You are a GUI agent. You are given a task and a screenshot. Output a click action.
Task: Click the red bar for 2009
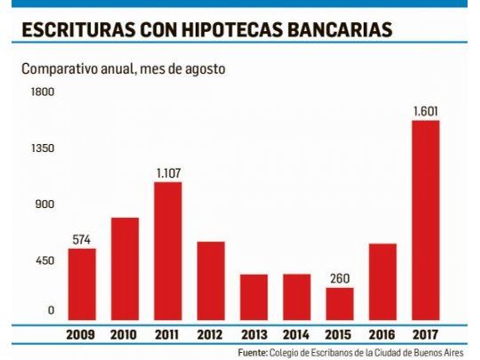click(x=82, y=284)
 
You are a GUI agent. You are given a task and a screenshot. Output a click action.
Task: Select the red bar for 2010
click(x=124, y=268)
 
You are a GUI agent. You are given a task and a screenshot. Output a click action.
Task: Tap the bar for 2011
click(x=168, y=250)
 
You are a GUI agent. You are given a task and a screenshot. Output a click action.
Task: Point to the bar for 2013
click(x=253, y=296)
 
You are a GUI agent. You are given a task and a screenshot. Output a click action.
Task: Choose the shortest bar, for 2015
click(x=340, y=302)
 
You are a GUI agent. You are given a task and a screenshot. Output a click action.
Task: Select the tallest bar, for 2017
click(x=425, y=220)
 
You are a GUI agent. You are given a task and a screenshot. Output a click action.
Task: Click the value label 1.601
click(x=425, y=111)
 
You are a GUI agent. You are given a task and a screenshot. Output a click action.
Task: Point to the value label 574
click(x=82, y=239)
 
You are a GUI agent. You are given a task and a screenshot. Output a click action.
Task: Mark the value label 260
click(x=340, y=278)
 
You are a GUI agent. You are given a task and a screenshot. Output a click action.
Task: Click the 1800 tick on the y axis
click(x=44, y=92)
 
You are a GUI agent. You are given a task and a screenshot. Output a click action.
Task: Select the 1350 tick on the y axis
click(x=44, y=148)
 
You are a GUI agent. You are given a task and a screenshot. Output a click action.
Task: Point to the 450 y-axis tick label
click(x=44, y=260)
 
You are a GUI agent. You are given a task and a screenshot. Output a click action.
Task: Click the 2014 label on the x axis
click(x=296, y=334)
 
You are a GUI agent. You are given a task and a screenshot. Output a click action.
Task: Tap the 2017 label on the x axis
click(x=425, y=334)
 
